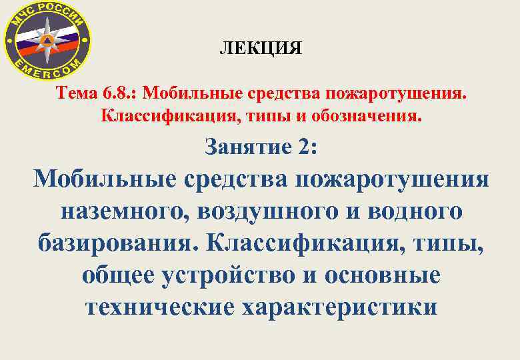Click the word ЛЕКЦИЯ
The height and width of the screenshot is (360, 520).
261,49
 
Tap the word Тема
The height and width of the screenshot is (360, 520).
79,91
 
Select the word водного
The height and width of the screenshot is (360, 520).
413,211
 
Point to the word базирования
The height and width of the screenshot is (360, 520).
117,243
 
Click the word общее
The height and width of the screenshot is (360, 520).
118,274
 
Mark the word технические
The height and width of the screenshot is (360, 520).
160,306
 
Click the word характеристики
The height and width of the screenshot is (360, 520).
339,306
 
